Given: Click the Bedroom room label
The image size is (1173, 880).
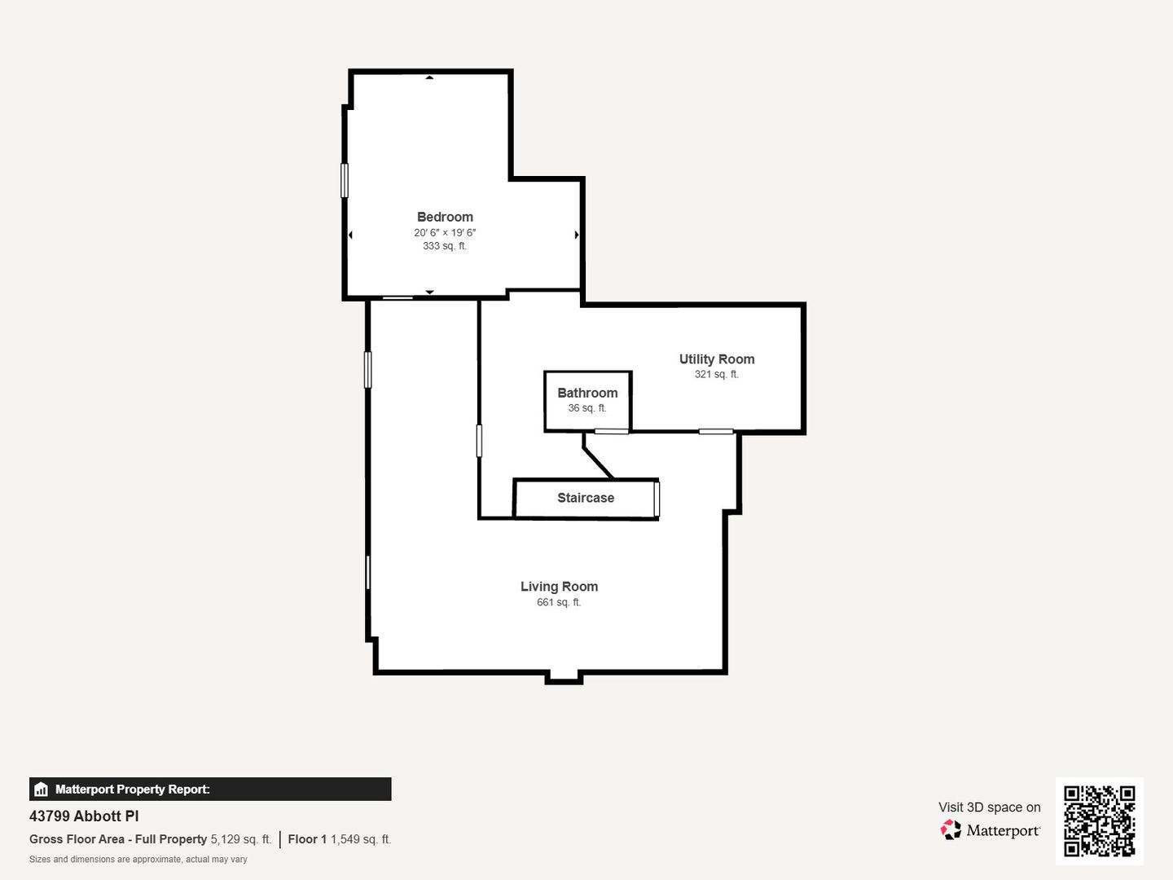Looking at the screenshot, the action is [x=445, y=217].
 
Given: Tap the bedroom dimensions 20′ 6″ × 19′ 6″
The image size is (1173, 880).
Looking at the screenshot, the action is [x=445, y=232].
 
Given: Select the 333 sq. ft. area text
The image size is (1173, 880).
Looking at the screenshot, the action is [x=445, y=246].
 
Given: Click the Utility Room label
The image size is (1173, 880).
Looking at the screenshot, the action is [x=717, y=359].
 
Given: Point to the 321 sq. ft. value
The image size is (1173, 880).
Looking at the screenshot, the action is [x=717, y=374].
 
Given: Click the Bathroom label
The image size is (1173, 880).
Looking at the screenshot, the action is [x=587, y=393].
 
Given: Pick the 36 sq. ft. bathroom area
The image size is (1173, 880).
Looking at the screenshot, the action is [x=587, y=407].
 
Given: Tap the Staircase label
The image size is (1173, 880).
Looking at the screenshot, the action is [x=586, y=497].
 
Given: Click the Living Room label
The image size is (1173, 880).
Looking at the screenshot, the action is [x=559, y=586].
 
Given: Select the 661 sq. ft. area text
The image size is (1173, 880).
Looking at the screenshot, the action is [x=559, y=602].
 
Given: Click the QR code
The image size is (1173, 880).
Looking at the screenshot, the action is [x=1099, y=821].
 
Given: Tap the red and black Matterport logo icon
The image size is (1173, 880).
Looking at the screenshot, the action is [x=951, y=829].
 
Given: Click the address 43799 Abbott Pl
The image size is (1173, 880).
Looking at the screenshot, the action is [x=84, y=816].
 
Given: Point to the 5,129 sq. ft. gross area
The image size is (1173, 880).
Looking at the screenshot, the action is [x=241, y=839].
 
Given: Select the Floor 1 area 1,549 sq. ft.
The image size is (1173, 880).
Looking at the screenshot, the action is [x=340, y=839].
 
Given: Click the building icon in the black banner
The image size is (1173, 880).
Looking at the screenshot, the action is [x=42, y=790].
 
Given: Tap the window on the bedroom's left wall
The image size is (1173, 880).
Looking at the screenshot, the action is [x=345, y=181].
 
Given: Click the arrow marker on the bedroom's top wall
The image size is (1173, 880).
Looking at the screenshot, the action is [x=429, y=77].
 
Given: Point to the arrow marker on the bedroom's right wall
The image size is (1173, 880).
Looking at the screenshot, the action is [x=577, y=235].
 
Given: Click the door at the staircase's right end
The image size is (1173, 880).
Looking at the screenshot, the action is [x=657, y=499].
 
